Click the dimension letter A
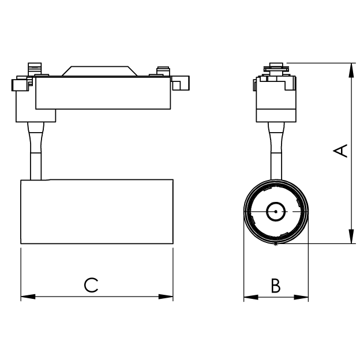(340, 151)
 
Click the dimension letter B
(276, 286)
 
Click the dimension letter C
(91, 285)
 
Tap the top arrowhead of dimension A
(351, 70)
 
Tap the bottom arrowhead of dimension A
(351, 236)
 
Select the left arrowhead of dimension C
(28, 297)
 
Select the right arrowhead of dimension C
(166, 297)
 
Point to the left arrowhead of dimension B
(251, 297)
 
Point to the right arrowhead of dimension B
(301, 297)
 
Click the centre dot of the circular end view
(276, 212)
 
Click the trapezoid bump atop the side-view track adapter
(99, 71)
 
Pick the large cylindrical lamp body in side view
(97, 212)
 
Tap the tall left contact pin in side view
(35, 69)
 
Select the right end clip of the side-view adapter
(181, 82)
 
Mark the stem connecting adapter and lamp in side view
(36, 151)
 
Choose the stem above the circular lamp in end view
(276, 151)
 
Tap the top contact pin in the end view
(276, 69)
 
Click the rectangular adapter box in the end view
(276, 99)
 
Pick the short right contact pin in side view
(163, 71)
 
